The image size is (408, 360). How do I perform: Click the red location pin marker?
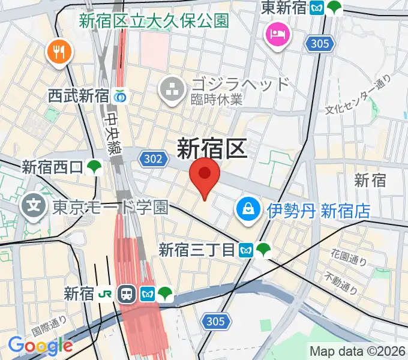pyautogui.click(x=205, y=175)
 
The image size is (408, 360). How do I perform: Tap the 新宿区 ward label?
pyautogui.click(x=212, y=148)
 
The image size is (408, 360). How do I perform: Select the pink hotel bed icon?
pyautogui.click(x=278, y=34)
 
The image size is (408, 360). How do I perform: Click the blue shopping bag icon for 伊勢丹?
pyautogui.click(x=247, y=209)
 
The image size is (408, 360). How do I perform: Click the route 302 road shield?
pyautogui.click(x=152, y=159)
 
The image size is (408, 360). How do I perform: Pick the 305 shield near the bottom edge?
pyautogui.click(x=214, y=322)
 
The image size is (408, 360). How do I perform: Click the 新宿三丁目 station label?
pyautogui.click(x=196, y=250)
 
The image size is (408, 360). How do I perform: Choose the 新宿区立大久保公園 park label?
pyautogui.click(x=154, y=21)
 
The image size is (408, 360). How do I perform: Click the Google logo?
pyautogui.click(x=40, y=346)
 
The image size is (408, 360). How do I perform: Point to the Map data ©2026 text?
pyautogui.click(x=358, y=351)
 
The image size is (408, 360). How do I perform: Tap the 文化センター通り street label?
pyautogui.click(x=358, y=94)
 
